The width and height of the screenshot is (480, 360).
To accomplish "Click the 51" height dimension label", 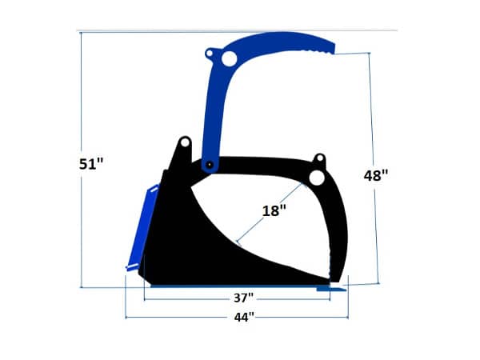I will [x=92, y=163].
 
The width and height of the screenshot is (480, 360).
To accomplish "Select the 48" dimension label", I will [x=375, y=175].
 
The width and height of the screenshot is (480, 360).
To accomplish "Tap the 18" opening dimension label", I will [x=274, y=210].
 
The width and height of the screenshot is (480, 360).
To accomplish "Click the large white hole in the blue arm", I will [x=229, y=58].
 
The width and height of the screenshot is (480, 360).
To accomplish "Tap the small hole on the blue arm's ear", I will [x=210, y=54].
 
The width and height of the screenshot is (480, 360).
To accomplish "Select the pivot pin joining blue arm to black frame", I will [x=209, y=164].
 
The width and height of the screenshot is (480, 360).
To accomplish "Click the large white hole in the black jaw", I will [x=317, y=177].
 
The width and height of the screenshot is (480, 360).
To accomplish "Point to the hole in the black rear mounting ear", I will [x=184, y=144].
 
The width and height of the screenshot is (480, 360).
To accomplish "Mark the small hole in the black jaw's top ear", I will [x=319, y=158].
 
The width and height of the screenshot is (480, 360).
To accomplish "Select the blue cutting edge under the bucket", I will [x=240, y=286].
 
